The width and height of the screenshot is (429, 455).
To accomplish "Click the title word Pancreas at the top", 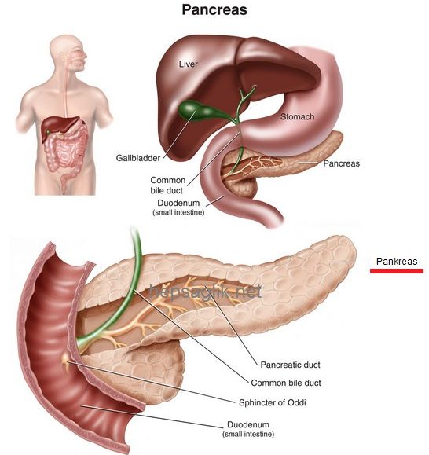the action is [214, 10].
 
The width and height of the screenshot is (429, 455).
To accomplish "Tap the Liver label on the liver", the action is [189, 64].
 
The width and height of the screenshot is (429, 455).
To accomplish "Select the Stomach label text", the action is [297, 116].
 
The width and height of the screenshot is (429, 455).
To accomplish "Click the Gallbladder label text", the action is [138, 158].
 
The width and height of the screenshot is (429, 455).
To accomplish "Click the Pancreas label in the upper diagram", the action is [342, 163].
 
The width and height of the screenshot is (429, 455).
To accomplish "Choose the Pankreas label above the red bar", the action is [397, 262].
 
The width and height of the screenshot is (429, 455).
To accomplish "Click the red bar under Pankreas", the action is [397, 271].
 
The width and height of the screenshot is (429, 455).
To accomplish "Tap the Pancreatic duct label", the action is [291, 365].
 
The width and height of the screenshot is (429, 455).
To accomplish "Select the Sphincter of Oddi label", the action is [273, 402].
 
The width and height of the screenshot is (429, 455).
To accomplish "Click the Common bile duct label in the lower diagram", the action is [286, 383].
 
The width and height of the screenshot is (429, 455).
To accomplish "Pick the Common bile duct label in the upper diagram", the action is [167, 185].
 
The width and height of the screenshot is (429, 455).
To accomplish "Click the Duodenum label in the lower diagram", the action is [248, 429].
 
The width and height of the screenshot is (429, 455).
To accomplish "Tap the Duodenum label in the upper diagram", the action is [178, 207].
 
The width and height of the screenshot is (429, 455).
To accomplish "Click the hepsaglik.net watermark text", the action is [205, 292].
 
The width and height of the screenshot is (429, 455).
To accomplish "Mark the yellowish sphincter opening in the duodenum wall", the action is [65, 361].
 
